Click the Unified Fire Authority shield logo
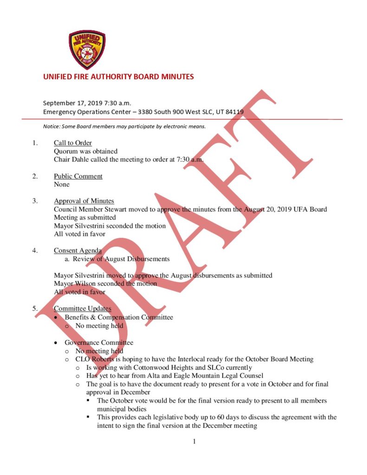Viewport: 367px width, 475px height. [87, 50]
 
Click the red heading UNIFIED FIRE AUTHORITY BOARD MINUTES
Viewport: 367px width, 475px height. [118, 77]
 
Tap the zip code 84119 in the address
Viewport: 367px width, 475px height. [235, 112]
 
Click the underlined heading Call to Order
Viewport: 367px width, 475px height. [73, 143]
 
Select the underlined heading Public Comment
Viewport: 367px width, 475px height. [78, 176]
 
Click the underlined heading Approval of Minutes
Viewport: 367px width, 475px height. [84, 201]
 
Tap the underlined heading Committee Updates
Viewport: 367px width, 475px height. [82, 308]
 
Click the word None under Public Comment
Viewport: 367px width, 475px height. [62, 185]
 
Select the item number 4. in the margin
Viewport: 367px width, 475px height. [35, 250]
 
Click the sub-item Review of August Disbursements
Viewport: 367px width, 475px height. [121, 259]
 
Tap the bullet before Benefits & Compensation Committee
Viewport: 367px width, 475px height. [56, 318]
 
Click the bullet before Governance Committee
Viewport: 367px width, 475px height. [56, 343]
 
